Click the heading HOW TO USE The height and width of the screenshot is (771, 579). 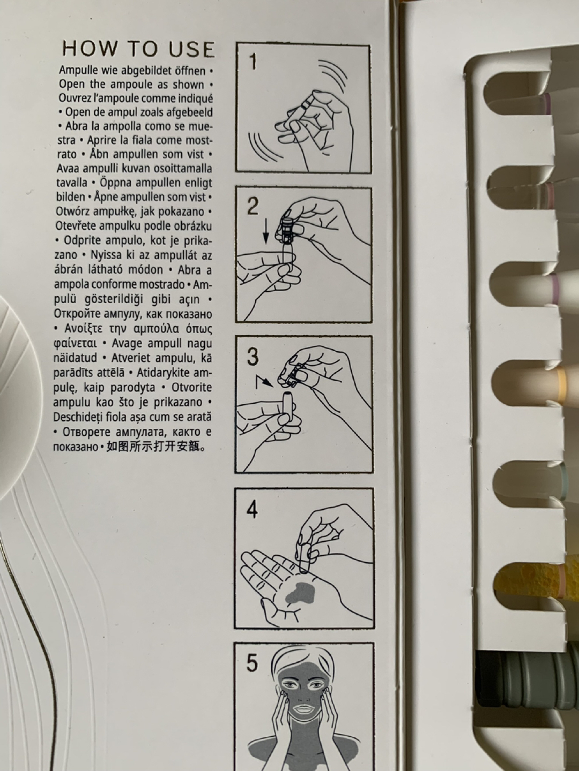tap(138, 49)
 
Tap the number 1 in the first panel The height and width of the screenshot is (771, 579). tap(253, 61)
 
